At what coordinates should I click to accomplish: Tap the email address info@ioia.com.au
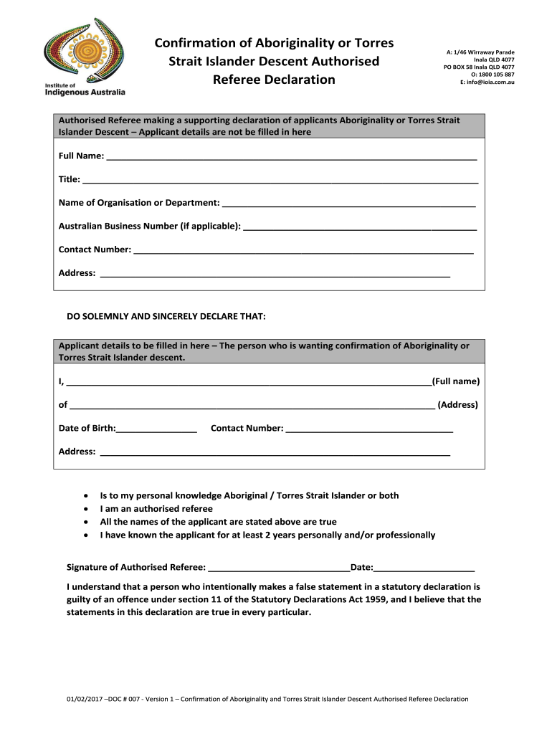click(490, 82)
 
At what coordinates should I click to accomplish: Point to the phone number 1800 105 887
click(496, 75)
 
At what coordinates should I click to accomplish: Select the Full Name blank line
click(291, 158)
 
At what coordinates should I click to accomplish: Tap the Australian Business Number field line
click(360, 228)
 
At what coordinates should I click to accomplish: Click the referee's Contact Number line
click(304, 252)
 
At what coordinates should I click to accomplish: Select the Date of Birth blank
click(156, 431)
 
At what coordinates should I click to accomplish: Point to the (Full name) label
click(456, 381)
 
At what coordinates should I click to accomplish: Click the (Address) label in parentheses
click(457, 404)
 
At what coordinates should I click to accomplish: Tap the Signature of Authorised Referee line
click(279, 570)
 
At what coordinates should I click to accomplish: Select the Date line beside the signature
click(424, 570)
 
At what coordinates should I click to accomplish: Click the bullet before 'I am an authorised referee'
click(86, 509)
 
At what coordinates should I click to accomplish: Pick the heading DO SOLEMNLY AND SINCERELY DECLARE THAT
click(166, 315)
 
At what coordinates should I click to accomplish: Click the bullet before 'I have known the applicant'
click(86, 535)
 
